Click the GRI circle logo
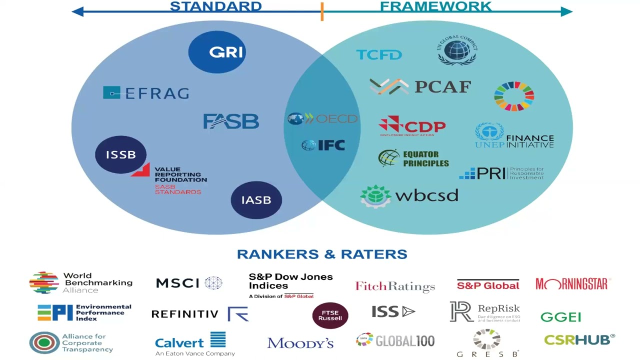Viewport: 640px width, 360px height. (217, 52)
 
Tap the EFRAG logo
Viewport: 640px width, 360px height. (146, 93)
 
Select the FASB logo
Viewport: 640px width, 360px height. (231, 121)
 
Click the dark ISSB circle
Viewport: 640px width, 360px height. (121, 154)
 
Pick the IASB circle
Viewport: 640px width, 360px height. (256, 200)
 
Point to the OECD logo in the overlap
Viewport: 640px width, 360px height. (323, 119)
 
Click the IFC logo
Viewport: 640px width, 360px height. (323, 145)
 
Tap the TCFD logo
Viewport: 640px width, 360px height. (379, 54)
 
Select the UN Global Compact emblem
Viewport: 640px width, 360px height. (457, 50)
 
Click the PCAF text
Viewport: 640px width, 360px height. (442, 87)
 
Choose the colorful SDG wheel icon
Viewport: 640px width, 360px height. (514, 95)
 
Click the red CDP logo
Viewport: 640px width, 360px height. (412, 126)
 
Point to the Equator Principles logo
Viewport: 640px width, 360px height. (413, 159)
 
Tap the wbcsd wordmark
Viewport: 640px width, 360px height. (426, 195)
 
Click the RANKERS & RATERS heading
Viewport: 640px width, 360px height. (322, 254)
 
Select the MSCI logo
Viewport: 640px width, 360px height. (189, 283)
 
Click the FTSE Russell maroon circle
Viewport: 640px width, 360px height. (330, 314)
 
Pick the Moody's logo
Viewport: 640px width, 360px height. (300, 343)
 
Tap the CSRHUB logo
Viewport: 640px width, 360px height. (579, 340)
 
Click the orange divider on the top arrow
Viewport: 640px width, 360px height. (322, 11)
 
